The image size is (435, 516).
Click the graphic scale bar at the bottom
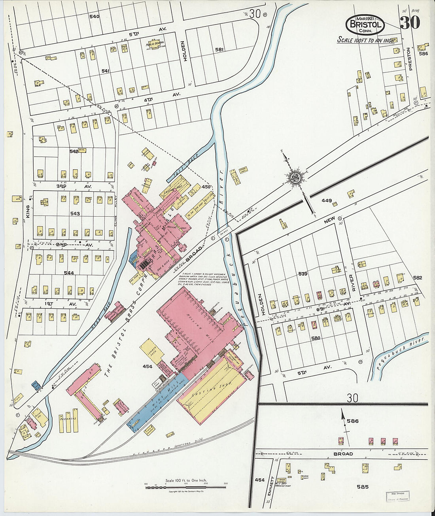(x=185, y=487)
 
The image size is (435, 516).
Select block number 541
(x=105, y=71)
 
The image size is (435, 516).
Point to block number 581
(x=219, y=49)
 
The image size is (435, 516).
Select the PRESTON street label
(x=410, y=59)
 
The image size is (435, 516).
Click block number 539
(x=303, y=274)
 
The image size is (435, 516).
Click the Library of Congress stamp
(x=397, y=496)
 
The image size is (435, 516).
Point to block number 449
(x=327, y=201)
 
